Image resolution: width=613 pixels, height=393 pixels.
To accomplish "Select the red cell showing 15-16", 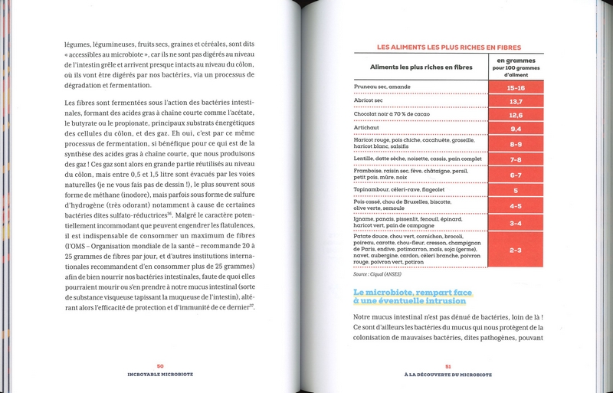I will tap(516, 88).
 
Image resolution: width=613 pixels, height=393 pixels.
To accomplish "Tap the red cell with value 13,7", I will tap(516, 101).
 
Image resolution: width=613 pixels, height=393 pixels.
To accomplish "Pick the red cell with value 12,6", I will tap(516, 115).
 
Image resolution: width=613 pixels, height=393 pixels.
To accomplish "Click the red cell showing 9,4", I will tap(516, 129).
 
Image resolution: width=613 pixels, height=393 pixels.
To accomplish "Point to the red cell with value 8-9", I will tap(516, 144).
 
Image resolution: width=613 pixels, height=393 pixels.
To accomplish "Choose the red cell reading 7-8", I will tap(516, 159).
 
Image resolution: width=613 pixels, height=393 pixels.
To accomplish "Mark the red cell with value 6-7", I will tap(516, 175).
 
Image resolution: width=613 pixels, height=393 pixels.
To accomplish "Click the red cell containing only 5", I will tap(516, 190).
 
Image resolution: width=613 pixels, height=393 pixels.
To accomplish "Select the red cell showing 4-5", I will tap(516, 205).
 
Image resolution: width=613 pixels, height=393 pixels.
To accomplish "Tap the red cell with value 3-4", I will tap(516, 223).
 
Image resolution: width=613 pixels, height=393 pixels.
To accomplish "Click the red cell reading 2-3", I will tap(516, 250).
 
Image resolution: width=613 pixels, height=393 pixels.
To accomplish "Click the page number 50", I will tap(160, 366).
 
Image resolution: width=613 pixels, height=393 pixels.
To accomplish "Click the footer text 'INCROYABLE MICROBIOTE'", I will tap(160, 375).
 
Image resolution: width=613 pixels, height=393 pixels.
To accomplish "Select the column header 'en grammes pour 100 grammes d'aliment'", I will tap(516, 66).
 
